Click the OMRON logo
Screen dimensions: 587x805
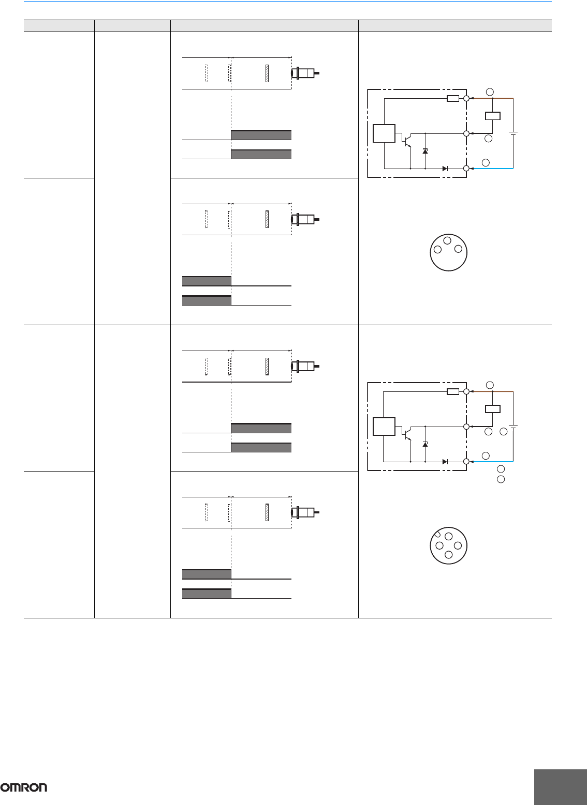pyautogui.click(x=24, y=787)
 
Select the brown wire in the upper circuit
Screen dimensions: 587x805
pyautogui.click(x=497, y=98)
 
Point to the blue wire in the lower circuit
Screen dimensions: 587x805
pyautogui.click(x=492, y=461)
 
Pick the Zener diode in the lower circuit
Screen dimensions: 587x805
pyautogui.click(x=425, y=444)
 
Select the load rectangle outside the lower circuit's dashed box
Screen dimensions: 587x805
pyautogui.click(x=492, y=409)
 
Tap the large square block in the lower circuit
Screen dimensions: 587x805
pyautogui.click(x=384, y=427)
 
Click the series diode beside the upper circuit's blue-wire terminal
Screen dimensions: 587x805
pyautogui.click(x=445, y=169)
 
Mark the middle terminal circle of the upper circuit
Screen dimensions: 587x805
pyautogui.click(x=466, y=133)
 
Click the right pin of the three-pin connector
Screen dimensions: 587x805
pyautogui.click(x=458, y=249)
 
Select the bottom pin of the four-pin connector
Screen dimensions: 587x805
pyautogui.click(x=449, y=555)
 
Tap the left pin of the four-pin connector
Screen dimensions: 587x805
pyautogui.click(x=439, y=545)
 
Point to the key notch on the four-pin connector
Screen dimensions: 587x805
pyautogui.click(x=436, y=534)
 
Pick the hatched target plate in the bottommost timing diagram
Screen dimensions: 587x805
pyautogui.click(x=267, y=511)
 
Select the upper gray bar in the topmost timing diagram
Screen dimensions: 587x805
pyautogui.click(x=261, y=135)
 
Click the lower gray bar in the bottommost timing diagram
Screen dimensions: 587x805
pyautogui.click(x=207, y=594)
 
